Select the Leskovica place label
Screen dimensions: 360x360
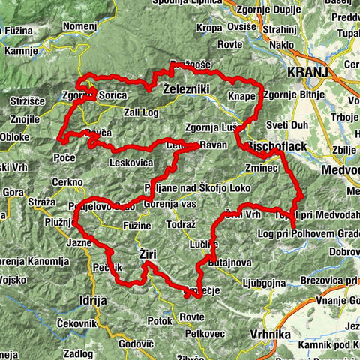[130, 161]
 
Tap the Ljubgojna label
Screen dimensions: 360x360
[265, 283]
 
